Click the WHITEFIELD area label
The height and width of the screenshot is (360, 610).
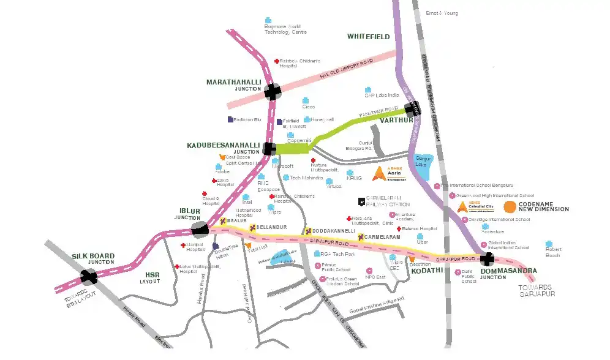pos(368,37)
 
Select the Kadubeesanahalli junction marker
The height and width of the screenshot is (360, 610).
pos(269,148)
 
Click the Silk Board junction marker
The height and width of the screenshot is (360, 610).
pos(89,277)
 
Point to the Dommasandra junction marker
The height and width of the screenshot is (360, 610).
pos(488,260)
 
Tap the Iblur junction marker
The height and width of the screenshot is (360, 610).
pos(200,230)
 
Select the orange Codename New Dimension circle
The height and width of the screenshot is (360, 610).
pos(510,207)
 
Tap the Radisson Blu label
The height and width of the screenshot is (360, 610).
pos(247,119)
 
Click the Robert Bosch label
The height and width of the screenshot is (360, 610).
pos(552,251)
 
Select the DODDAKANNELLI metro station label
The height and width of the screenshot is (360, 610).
pos(334,231)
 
